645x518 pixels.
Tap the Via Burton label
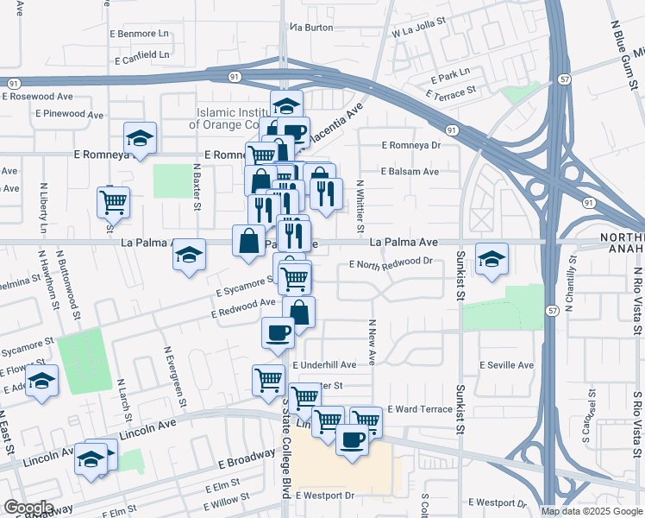coord(311,28)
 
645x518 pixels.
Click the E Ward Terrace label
coord(420,409)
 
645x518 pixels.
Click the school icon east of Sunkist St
coord(492,259)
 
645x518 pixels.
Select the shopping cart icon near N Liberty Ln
coord(113,202)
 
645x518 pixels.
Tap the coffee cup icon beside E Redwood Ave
coord(277,332)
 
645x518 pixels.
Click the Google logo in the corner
coord(28,508)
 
